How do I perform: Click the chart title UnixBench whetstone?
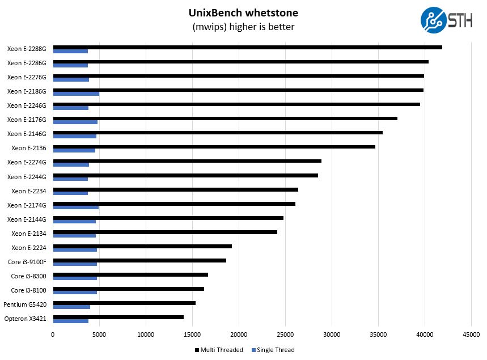coord(243,12)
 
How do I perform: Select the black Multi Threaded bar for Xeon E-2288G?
coord(247,47)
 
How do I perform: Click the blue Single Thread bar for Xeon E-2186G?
coord(76,94)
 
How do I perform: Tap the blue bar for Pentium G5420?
coord(71,307)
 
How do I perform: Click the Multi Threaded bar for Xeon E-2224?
coord(142,246)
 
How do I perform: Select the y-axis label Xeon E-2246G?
coord(27,105)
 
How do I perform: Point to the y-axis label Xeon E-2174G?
coord(27,205)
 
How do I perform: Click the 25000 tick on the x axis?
coord(285,334)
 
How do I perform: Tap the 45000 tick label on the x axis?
coord(471,334)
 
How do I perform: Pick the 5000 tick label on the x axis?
coord(99,334)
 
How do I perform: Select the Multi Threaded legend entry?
coord(219,350)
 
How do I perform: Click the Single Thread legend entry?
coord(273,350)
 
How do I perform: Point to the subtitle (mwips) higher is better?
coord(243,27)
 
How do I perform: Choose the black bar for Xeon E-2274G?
coord(187,161)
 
